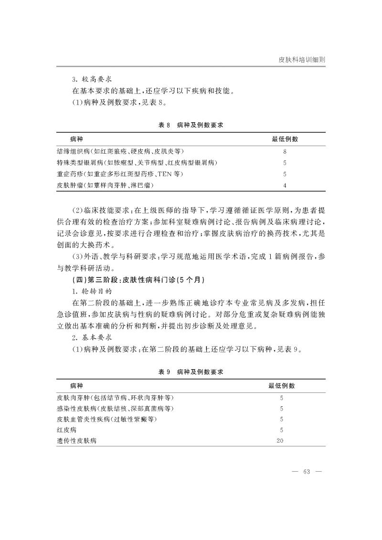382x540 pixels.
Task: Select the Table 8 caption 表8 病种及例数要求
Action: point(191,125)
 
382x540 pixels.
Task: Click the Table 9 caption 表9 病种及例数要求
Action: point(191,371)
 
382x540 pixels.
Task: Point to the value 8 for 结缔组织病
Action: point(285,151)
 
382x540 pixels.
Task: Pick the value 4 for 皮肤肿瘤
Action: point(285,186)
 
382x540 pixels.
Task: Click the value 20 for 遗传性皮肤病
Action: point(281,441)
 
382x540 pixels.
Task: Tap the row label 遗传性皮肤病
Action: point(76,441)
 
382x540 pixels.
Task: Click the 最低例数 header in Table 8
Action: point(285,139)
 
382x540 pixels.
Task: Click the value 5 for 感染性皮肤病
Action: point(281,409)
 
